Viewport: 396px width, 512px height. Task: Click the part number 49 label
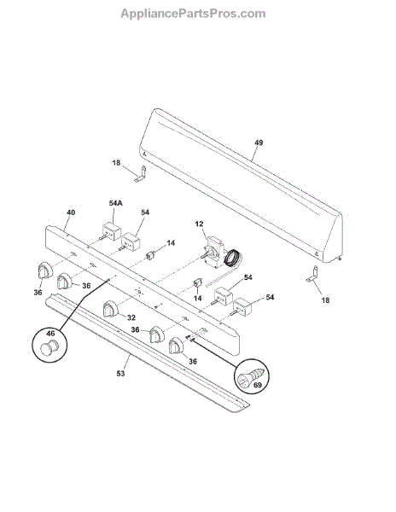click(x=259, y=143)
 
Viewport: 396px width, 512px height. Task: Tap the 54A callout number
click(x=115, y=203)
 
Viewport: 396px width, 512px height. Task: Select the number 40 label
click(x=71, y=212)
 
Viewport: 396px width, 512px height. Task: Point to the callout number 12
click(x=199, y=224)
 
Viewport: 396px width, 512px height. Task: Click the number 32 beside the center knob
click(x=131, y=317)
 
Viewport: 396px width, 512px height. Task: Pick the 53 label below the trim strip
click(x=121, y=373)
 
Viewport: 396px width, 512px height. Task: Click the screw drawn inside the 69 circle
click(x=251, y=375)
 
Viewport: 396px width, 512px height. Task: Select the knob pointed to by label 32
click(x=110, y=309)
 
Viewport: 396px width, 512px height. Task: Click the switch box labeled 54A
click(x=111, y=231)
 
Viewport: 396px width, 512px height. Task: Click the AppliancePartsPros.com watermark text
click(x=193, y=14)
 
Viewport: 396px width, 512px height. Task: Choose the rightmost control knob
click(x=177, y=346)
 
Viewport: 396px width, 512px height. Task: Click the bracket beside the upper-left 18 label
click(x=140, y=174)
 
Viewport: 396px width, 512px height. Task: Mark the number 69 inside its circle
click(x=258, y=386)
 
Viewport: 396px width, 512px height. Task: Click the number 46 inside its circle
click(x=50, y=334)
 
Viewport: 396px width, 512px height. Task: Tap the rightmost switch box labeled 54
click(x=242, y=306)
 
